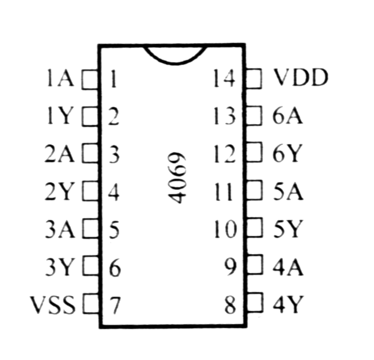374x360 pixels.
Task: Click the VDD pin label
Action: click(x=301, y=77)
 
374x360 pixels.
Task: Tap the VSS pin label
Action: click(x=53, y=304)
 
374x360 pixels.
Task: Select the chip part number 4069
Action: click(x=177, y=177)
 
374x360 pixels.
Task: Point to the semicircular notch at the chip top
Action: click(x=175, y=63)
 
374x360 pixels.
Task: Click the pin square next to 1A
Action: click(x=90, y=79)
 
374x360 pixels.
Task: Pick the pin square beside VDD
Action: click(x=253, y=79)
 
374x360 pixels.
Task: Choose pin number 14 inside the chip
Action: click(x=224, y=78)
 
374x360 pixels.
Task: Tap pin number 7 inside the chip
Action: click(x=115, y=306)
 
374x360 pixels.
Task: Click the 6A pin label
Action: click(x=288, y=116)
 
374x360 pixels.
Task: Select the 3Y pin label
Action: click(x=59, y=267)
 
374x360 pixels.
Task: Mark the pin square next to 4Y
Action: click(x=255, y=303)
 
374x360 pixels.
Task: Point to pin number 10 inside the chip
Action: click(x=225, y=229)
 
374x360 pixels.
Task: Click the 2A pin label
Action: click(x=59, y=154)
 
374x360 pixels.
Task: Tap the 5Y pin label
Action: click(x=288, y=229)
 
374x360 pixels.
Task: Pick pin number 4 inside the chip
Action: click(x=114, y=192)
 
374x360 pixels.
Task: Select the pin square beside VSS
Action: click(x=92, y=304)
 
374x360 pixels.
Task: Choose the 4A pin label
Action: click(x=288, y=267)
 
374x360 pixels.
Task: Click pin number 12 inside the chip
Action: click(x=225, y=154)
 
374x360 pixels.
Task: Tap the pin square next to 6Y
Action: click(x=254, y=152)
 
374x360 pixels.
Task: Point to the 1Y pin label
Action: click(x=59, y=116)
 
